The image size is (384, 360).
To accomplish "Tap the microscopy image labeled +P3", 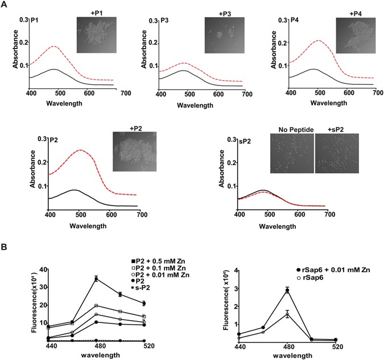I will [x=224, y=36].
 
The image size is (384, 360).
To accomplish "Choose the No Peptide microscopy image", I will [x=292, y=153].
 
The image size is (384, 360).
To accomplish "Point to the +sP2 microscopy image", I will [x=337, y=153].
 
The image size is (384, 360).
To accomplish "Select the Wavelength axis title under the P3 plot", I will [x=196, y=104].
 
